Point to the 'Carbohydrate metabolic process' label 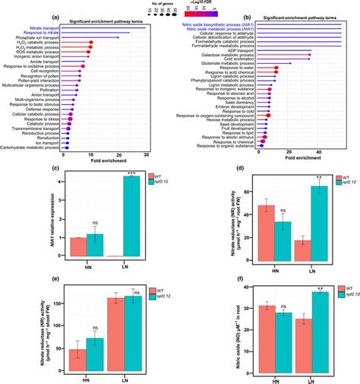(x=35, y=147)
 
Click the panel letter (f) (x=240, y=288)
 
